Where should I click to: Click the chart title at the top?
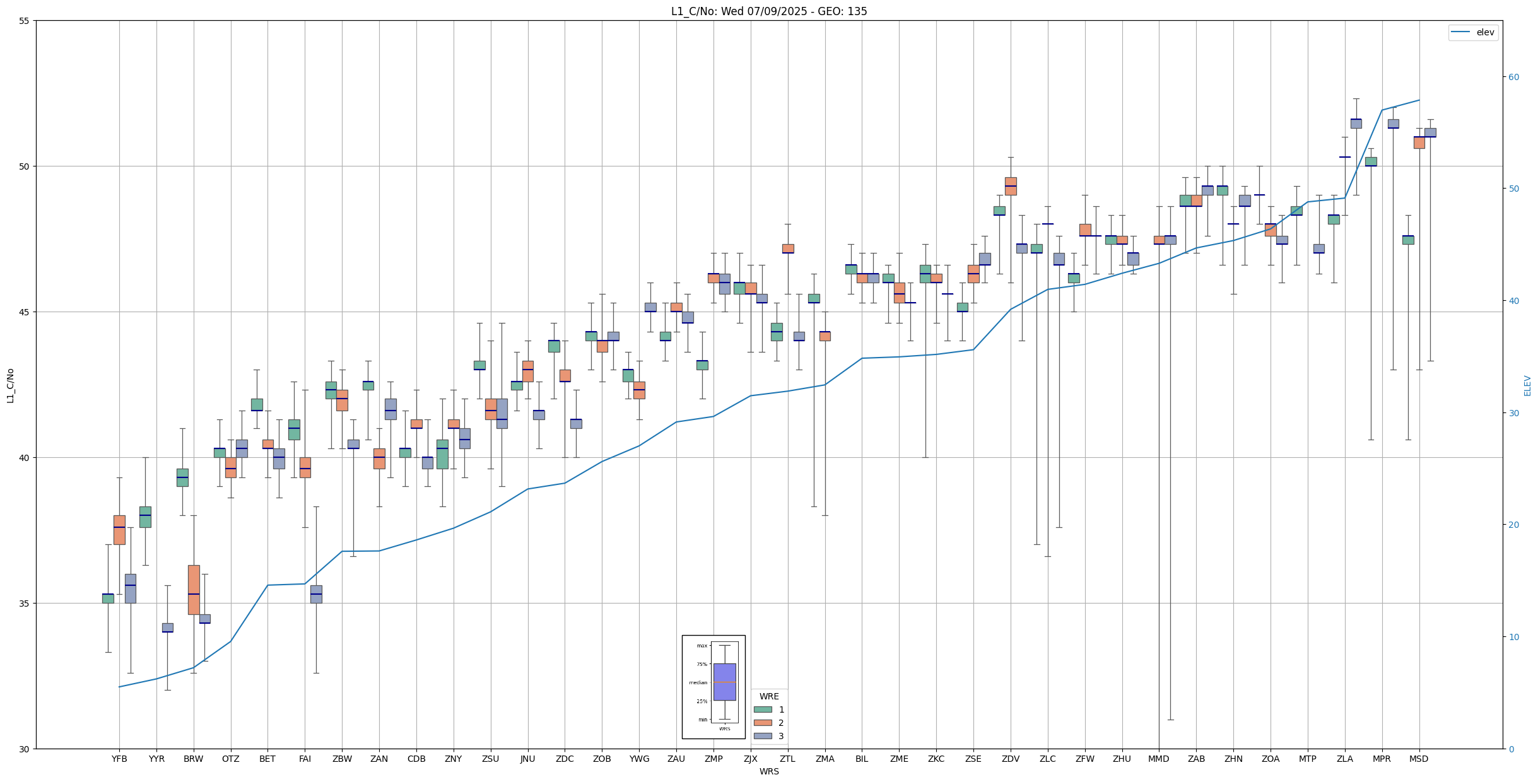(x=769, y=11)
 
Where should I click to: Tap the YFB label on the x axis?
(x=119, y=759)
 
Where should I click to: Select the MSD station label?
(x=1419, y=759)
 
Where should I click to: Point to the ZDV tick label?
(x=1011, y=759)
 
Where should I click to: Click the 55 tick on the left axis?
(x=25, y=21)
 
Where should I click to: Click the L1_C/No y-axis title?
(x=10, y=385)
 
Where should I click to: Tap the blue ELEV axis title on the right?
(x=1527, y=385)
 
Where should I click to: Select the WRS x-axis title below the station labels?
(x=769, y=771)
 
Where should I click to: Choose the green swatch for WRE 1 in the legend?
(x=763, y=709)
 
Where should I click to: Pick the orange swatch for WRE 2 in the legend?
(x=763, y=723)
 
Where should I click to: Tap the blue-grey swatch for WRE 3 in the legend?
(x=763, y=736)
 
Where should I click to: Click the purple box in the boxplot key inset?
(x=724, y=682)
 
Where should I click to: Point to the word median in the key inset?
(x=698, y=682)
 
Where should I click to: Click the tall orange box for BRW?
(x=194, y=590)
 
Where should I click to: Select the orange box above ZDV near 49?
(x=1011, y=186)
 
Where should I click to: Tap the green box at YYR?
(x=145, y=516)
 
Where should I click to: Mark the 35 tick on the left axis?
(x=25, y=604)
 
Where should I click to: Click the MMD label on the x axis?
(x=1159, y=759)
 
